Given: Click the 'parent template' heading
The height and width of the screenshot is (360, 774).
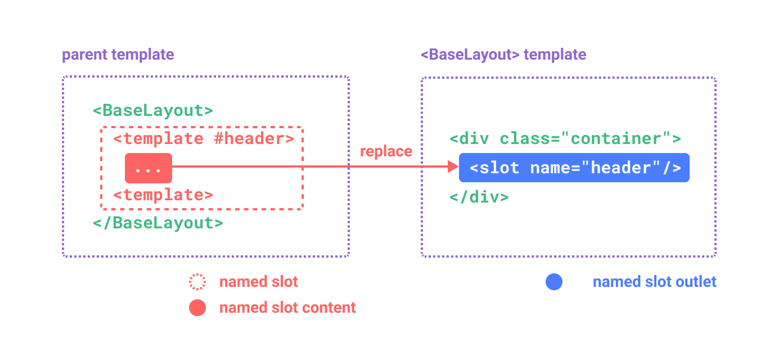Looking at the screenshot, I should click(x=118, y=55).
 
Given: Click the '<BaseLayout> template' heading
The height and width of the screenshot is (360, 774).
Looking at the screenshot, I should click(x=503, y=55).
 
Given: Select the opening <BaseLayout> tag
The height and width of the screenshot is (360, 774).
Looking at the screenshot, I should click(x=153, y=110).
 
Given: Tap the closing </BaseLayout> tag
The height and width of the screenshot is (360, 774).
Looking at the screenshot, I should click(x=158, y=223).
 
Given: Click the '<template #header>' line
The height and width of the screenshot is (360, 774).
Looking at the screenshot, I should click(x=203, y=138).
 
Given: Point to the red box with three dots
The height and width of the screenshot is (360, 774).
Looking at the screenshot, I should click(x=148, y=168).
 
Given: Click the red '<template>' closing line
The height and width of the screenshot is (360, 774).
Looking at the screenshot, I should click(x=163, y=195).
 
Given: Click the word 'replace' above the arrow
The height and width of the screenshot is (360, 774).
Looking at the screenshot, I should click(x=386, y=151).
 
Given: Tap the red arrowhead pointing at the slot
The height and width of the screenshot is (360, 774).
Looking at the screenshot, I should click(x=453, y=166).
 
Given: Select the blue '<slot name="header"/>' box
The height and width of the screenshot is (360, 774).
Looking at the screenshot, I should click(x=574, y=168).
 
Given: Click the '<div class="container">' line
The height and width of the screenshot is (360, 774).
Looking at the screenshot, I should click(x=565, y=139).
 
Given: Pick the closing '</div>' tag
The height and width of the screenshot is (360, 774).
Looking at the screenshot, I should click(x=479, y=197).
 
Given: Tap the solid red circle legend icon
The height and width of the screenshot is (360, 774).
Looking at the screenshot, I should click(x=197, y=308).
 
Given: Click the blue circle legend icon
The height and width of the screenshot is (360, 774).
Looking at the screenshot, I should click(x=554, y=282).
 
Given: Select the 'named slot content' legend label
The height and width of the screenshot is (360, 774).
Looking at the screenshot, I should click(x=287, y=308).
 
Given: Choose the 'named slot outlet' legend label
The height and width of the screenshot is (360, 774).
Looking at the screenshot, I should click(x=655, y=282).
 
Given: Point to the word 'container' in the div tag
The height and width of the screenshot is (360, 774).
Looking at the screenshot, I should click(x=616, y=139).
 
